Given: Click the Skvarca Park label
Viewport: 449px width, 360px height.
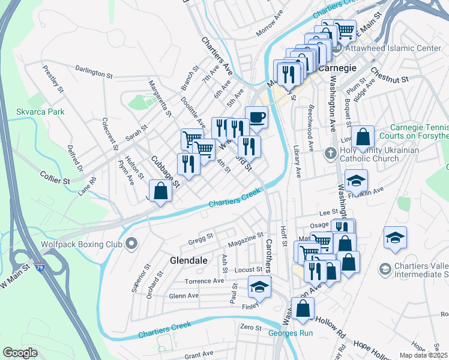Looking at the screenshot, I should (x=39, y=112).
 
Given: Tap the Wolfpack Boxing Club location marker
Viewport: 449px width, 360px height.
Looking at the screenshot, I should (x=133, y=244).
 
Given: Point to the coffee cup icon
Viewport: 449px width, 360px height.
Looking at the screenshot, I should (x=256, y=117).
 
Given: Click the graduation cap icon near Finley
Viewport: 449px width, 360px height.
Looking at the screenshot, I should (x=259, y=289).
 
